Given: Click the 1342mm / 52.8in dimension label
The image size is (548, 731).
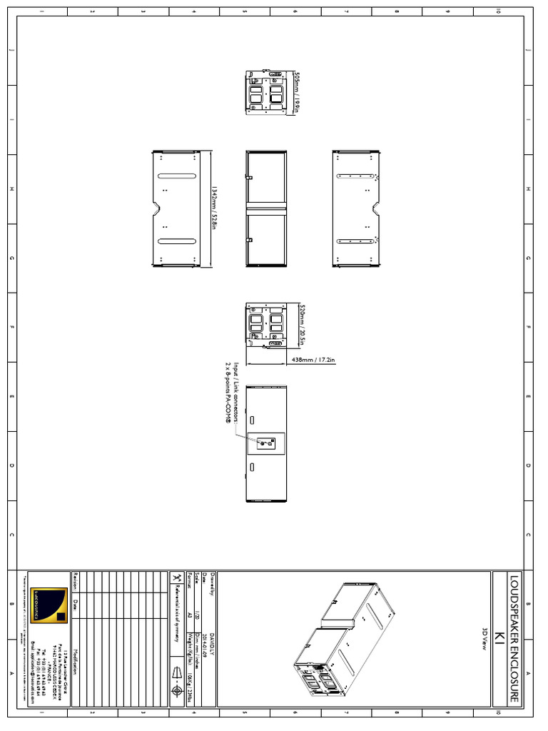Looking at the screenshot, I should pyautogui.click(x=213, y=207).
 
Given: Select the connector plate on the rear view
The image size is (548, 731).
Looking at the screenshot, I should pyautogui.click(x=265, y=443).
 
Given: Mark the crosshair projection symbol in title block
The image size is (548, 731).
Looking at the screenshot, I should pyautogui.click(x=176, y=692).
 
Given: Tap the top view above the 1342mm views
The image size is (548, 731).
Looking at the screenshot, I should pyautogui.click(x=265, y=91).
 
